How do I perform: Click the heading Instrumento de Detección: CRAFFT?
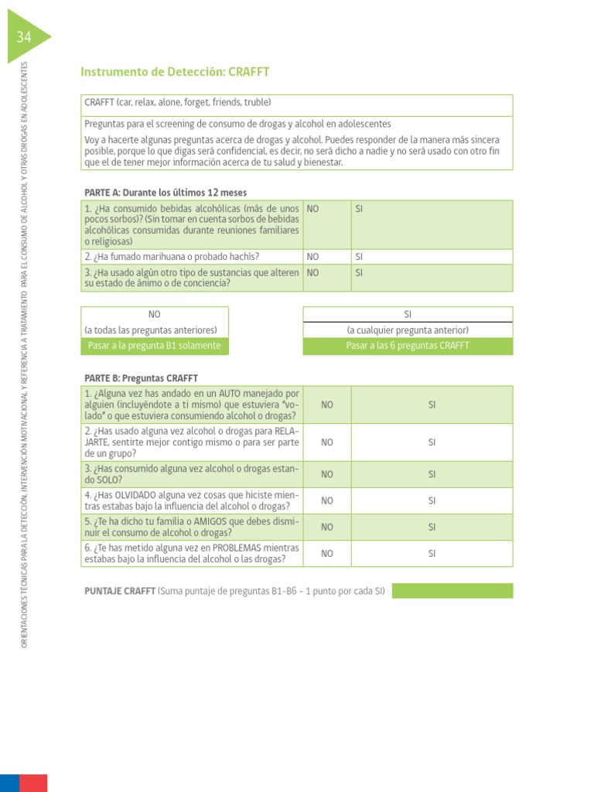click(175, 72)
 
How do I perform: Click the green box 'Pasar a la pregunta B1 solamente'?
click(155, 346)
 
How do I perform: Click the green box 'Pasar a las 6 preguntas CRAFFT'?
click(408, 346)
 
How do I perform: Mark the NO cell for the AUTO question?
click(327, 405)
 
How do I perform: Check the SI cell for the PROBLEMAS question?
click(432, 553)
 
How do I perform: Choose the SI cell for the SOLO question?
click(432, 474)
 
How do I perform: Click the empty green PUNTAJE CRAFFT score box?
click(452, 591)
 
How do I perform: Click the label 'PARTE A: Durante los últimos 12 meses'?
click(166, 193)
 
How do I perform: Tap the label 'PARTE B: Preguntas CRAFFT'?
click(141, 378)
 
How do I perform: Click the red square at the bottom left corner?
click(32, 782)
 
